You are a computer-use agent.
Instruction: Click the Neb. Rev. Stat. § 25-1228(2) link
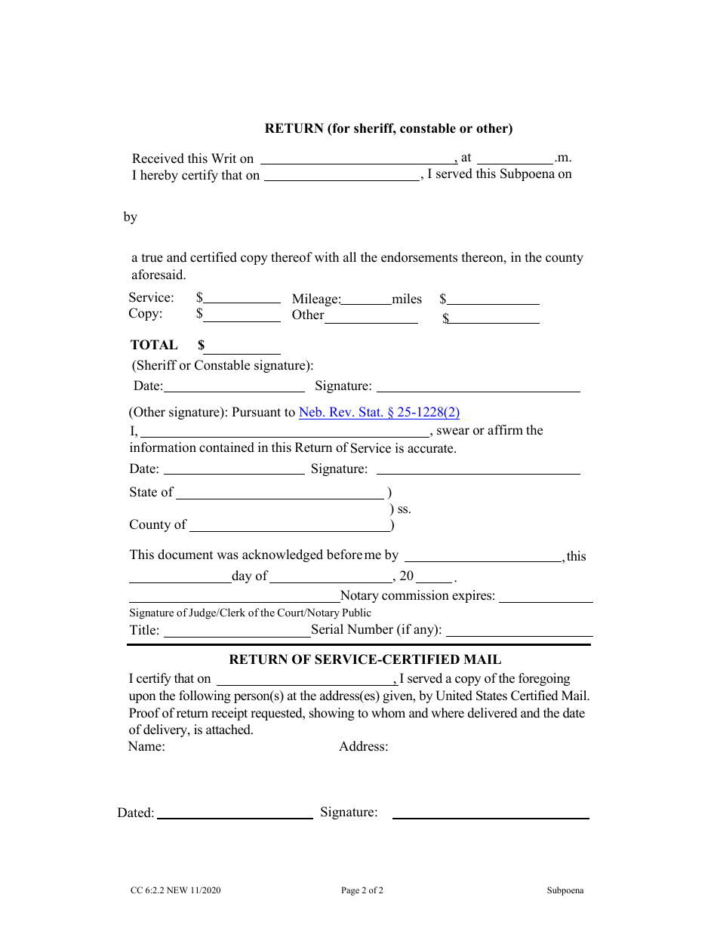(379, 413)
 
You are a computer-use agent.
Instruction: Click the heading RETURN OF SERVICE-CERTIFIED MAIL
(365, 659)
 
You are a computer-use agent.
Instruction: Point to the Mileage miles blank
(366, 300)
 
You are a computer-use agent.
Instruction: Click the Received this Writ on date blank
(358, 159)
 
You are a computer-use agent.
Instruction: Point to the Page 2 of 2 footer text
(362, 890)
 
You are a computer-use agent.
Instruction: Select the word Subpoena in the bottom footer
(565, 890)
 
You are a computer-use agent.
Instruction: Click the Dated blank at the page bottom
(234, 814)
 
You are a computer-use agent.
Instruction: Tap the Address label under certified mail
(363, 747)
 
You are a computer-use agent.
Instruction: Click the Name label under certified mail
(146, 747)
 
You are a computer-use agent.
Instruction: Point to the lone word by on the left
(131, 217)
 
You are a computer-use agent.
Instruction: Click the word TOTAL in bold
(154, 345)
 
